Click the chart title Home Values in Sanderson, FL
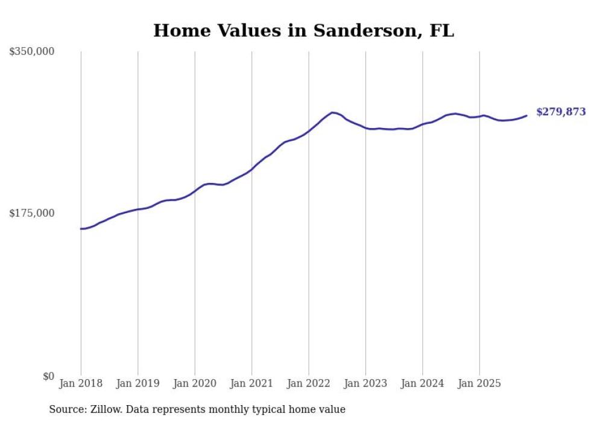click(x=303, y=30)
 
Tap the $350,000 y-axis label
click(x=32, y=52)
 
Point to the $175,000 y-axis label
click(x=32, y=213)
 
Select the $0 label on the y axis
click(x=48, y=376)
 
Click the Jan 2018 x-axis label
click(x=81, y=383)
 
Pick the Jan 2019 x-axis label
click(x=137, y=383)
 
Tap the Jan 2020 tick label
click(x=195, y=383)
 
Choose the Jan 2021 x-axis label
click(x=251, y=383)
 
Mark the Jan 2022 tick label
click(x=309, y=383)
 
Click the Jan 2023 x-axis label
click(x=365, y=383)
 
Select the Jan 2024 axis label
click(x=422, y=383)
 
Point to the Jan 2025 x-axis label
click(x=479, y=383)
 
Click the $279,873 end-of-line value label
click(x=561, y=112)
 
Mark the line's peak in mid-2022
click(x=332, y=113)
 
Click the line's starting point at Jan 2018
click(x=81, y=229)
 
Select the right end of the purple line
click(x=526, y=115)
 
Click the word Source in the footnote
click(x=67, y=409)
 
